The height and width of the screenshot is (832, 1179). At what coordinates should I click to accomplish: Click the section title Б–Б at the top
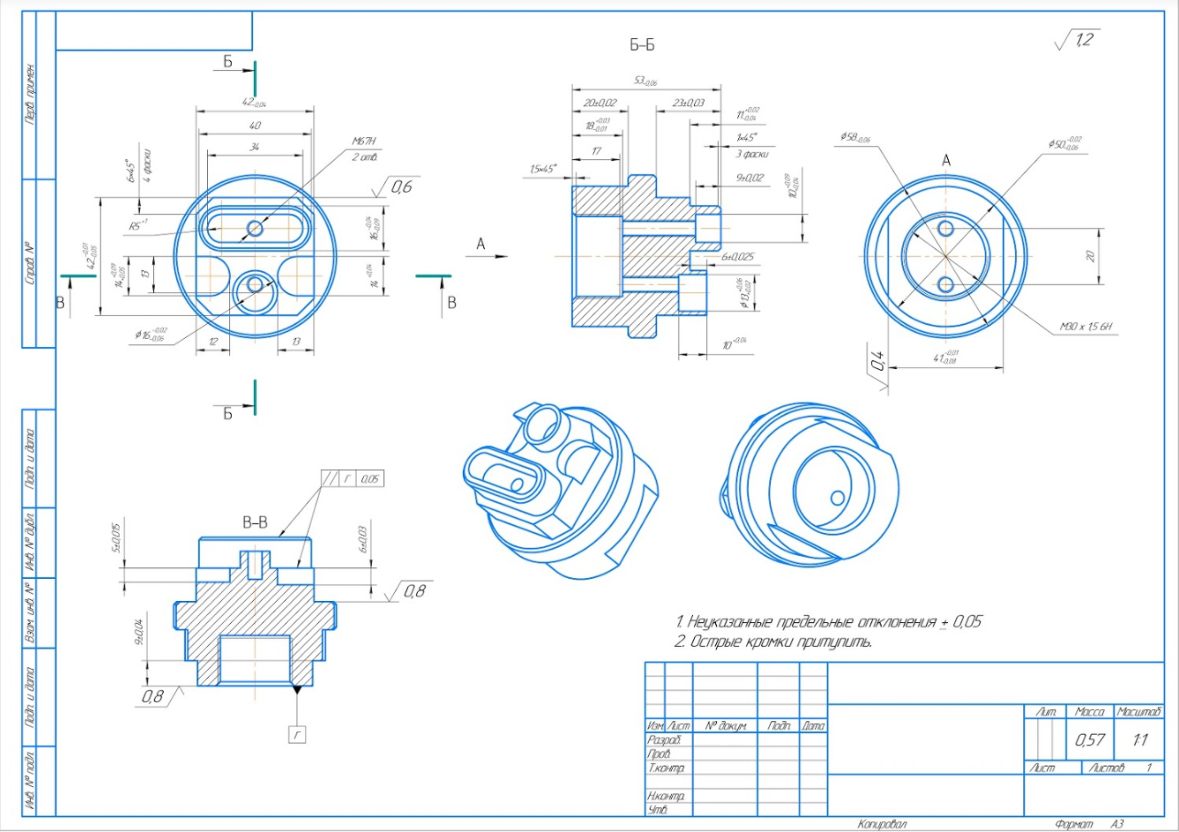[642, 45]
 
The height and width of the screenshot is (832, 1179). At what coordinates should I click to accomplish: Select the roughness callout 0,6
[401, 187]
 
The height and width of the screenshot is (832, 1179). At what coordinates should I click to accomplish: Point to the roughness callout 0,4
[877, 361]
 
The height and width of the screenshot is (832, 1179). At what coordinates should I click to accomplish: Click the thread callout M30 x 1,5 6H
[1086, 327]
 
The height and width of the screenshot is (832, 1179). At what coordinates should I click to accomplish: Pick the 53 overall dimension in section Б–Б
[644, 81]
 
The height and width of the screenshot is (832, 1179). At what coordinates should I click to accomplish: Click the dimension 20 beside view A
[1090, 256]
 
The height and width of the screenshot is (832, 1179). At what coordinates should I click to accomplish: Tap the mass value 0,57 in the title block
[1090, 740]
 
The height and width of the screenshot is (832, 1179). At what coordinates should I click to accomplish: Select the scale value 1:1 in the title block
[1139, 740]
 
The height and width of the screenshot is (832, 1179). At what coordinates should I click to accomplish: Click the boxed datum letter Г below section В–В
[297, 733]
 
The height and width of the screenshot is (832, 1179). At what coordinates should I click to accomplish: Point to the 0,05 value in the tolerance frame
[370, 479]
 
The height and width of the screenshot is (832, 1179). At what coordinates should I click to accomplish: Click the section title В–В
[255, 523]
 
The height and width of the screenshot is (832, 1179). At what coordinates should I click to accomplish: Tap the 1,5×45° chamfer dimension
[543, 169]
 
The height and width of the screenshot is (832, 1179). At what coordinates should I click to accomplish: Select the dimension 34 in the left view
[255, 146]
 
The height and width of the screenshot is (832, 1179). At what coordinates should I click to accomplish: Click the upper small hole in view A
[945, 228]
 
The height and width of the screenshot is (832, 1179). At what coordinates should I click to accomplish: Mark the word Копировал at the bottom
[882, 824]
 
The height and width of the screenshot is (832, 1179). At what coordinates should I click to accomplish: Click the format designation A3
[1116, 824]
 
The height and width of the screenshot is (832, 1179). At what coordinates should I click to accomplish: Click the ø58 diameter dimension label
[855, 138]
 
